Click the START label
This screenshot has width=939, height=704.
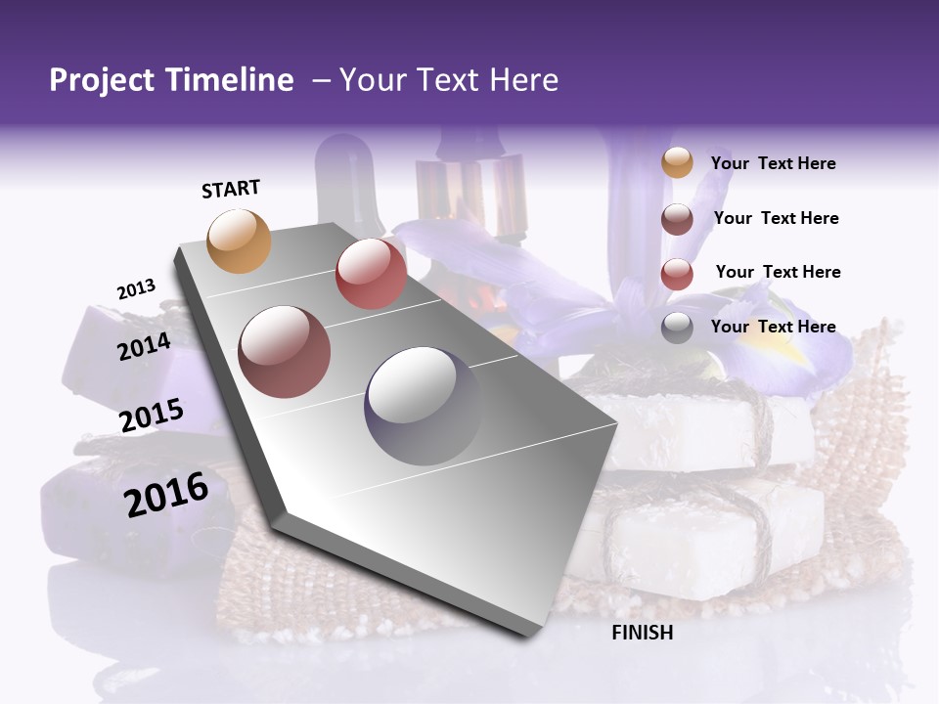[231, 189]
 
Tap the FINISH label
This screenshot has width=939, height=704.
[642, 633]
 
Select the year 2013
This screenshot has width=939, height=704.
[136, 289]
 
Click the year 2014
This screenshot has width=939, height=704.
[144, 346]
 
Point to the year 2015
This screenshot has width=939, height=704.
[152, 416]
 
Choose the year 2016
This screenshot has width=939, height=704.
[166, 495]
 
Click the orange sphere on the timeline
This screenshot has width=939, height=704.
[240, 241]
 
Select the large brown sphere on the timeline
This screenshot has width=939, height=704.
[285, 351]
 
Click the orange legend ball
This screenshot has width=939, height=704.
[677, 163]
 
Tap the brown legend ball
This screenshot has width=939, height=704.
[677, 219]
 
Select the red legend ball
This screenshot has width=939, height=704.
[677, 274]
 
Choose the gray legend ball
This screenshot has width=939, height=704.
[677, 329]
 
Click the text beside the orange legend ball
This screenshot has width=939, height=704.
[773, 163]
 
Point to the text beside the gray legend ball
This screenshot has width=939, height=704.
[773, 327]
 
